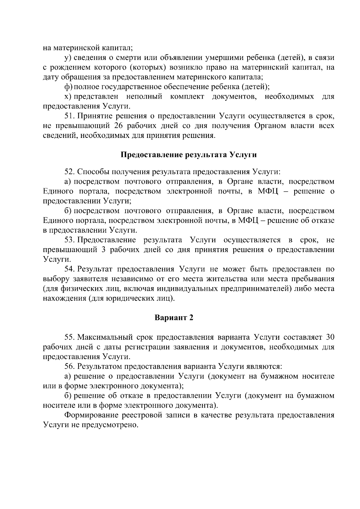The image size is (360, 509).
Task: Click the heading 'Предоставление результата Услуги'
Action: [x=189, y=155]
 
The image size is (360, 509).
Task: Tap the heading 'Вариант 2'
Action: [x=174, y=318]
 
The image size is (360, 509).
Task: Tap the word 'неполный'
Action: [x=144, y=97]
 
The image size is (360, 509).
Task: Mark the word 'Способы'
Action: [x=93, y=172]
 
